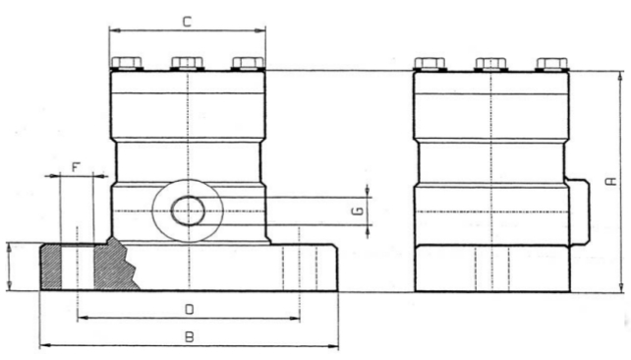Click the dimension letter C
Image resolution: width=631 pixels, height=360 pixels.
tap(187, 22)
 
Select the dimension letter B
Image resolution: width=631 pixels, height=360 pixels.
tap(189, 336)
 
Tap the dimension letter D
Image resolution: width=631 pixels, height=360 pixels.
tap(189, 309)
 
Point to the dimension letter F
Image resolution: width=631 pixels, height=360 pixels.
tap(76, 167)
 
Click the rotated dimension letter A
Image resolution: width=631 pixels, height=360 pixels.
tap(611, 181)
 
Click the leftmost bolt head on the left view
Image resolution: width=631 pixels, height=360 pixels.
tap(127, 63)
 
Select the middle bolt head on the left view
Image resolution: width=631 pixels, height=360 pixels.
tap(187, 63)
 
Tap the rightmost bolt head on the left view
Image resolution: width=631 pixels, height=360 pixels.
tap(249, 63)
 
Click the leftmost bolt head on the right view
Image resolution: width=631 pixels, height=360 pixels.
tap(430, 64)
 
